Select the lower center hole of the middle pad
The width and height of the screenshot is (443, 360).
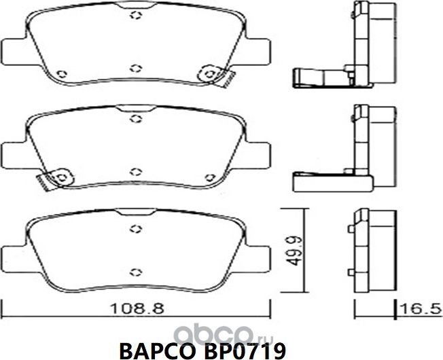tap(135, 170)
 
